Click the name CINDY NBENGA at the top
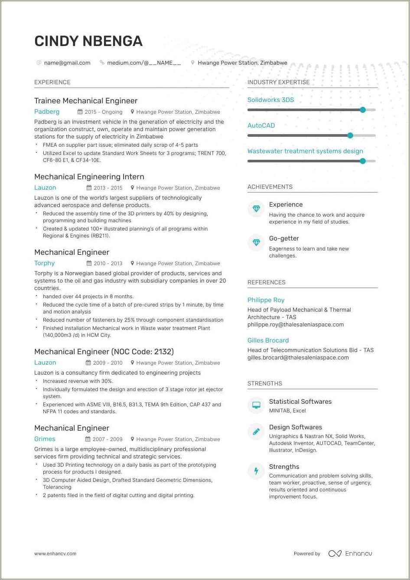pos(88,41)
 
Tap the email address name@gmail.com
pos(67,63)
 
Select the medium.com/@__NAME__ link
pos(144,63)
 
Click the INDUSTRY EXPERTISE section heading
pos(279,82)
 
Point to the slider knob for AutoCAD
pos(350,135)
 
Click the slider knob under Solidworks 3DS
pos(363,110)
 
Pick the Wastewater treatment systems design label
pos(305,151)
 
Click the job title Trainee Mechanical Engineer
pos(86,101)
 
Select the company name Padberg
pos(47,112)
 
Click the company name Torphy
pos(45,263)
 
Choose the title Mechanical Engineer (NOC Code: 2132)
pos(104,352)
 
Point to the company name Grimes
pos(45,439)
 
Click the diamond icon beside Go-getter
pos(256,242)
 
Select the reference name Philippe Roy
pos(266,300)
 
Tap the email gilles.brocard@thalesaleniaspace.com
pos(298,358)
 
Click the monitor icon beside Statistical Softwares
pos(256,405)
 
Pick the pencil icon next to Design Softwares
pos(256,431)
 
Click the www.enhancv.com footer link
pos(55,554)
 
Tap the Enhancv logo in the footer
pos(350,554)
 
